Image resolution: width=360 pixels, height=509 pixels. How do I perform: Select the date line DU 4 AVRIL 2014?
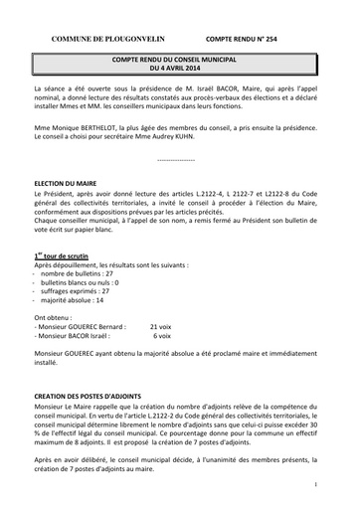point(179,71)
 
